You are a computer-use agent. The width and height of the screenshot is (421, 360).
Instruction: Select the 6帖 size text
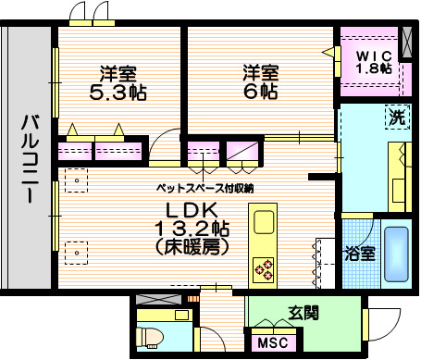coord(261,92)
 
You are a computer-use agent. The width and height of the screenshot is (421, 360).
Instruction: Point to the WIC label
coord(375,54)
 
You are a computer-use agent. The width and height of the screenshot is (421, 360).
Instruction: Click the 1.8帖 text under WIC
coord(375,68)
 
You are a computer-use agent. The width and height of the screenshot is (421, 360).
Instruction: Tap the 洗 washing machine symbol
coord(395,118)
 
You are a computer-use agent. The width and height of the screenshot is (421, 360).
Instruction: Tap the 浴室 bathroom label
coord(361,253)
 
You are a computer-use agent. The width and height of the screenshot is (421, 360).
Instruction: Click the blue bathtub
coord(398,253)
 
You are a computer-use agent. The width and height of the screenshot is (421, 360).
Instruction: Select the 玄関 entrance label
coord(303,314)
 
